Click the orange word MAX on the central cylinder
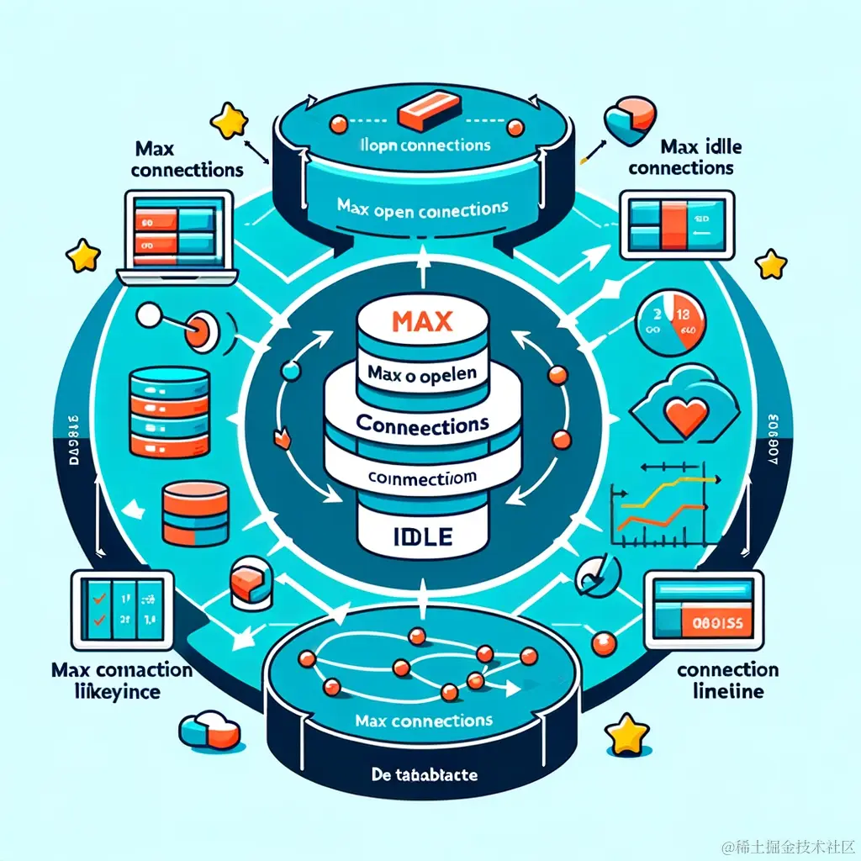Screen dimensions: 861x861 422,322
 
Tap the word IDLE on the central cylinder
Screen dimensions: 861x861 422,535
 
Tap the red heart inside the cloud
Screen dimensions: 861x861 682,414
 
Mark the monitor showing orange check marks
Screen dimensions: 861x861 123,610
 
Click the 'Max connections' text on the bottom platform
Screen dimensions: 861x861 423,721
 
